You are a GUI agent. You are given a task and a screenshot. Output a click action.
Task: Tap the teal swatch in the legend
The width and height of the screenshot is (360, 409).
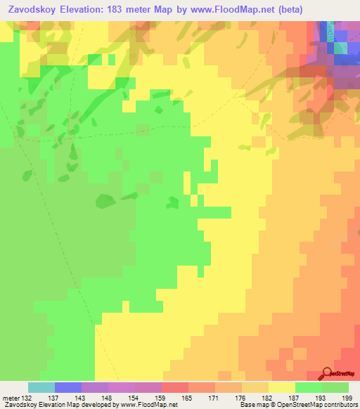pyautogui.click(x=41, y=387)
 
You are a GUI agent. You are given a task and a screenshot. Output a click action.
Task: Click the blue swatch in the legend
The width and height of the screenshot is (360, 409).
pyautogui.click(x=68, y=387)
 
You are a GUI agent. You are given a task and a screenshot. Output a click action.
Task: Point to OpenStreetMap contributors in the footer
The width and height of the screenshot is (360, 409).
pyautogui.click(x=323, y=405)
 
